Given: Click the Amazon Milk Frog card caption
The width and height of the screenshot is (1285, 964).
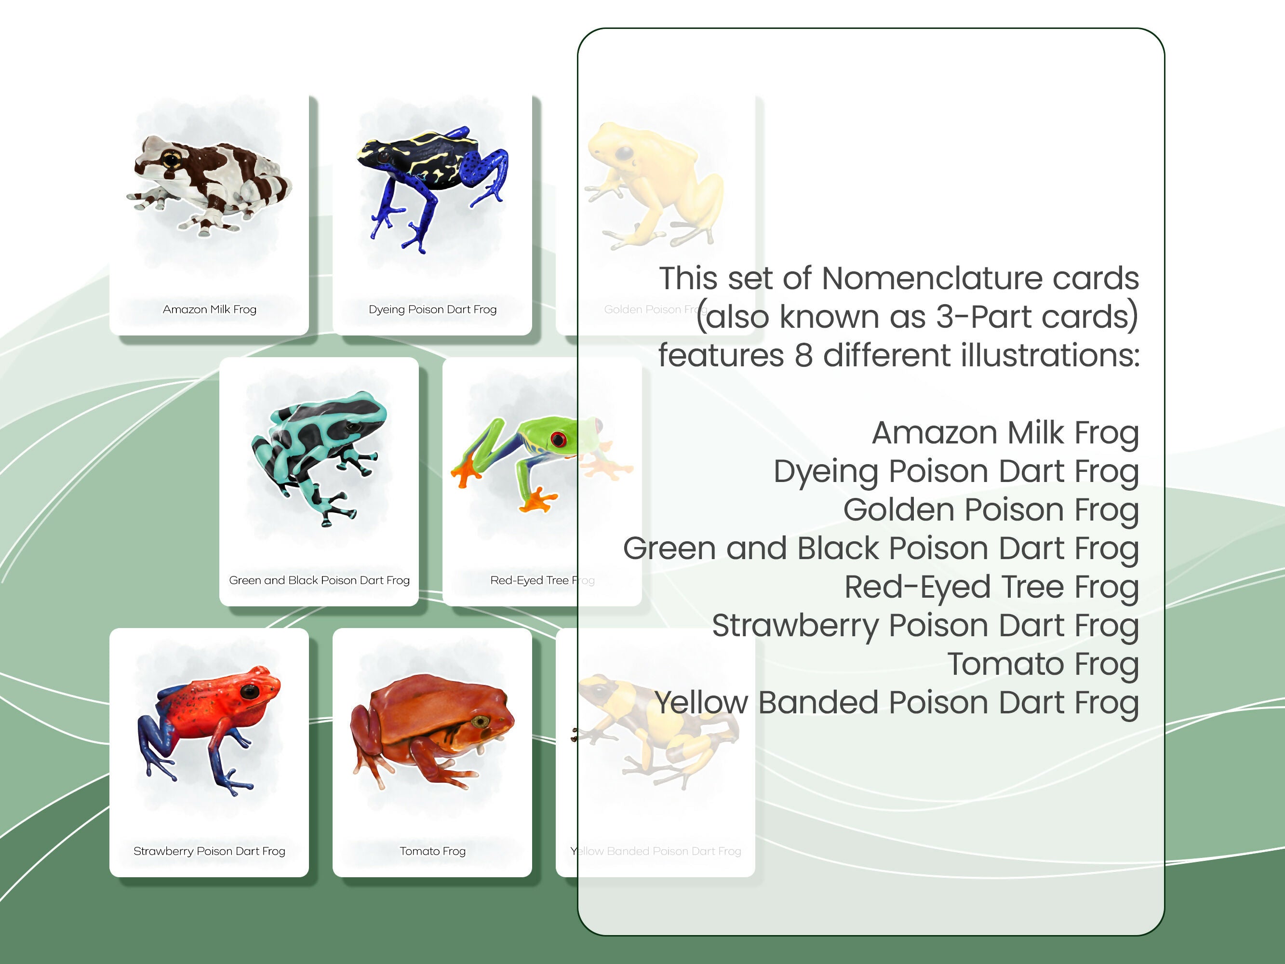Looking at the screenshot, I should [209, 309].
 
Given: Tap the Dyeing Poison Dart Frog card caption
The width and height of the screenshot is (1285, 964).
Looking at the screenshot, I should [432, 309].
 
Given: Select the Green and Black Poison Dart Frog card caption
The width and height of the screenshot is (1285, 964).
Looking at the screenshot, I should [319, 580].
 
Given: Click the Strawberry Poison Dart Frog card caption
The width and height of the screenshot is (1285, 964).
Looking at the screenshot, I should [209, 851].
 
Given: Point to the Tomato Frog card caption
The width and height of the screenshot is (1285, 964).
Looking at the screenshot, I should [432, 851].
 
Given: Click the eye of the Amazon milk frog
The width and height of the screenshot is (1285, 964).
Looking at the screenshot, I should [172, 158].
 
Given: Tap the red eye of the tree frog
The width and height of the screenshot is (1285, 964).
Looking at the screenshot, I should [558, 439].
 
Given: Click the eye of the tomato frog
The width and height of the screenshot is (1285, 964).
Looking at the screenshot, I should [481, 722].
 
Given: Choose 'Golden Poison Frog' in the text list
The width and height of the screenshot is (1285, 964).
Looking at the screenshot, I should [990, 509].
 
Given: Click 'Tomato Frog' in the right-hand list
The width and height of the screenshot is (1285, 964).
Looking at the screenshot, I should [1042, 664].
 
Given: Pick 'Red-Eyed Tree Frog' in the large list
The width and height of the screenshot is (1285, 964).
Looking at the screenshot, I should [991, 587].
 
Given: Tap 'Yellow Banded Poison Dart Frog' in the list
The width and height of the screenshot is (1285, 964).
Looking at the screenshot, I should [897, 703].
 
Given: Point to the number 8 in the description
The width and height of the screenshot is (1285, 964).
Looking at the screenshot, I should [803, 355].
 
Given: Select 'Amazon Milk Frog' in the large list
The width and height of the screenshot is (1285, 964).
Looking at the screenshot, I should [1004, 433].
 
